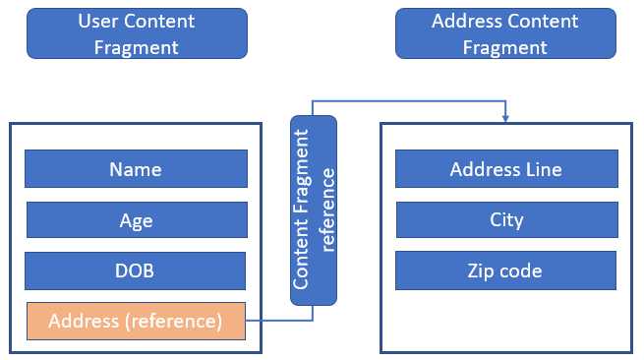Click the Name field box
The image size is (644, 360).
pyautogui.click(x=136, y=169)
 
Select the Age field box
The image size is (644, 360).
pyautogui.click(x=137, y=220)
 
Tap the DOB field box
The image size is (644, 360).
pyautogui.click(x=135, y=270)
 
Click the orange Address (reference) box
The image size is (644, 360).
pyautogui.click(x=136, y=322)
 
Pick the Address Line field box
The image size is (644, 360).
pyautogui.click(x=506, y=169)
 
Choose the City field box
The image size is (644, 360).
pyautogui.click(x=506, y=220)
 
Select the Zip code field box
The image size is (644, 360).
pyautogui.click(x=505, y=270)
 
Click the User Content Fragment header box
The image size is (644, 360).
pyautogui.click(x=138, y=33)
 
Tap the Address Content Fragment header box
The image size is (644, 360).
pyautogui.click(x=505, y=33)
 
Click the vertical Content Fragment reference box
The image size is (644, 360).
pyautogui.click(x=314, y=210)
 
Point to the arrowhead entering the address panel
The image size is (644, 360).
pyautogui.click(x=505, y=118)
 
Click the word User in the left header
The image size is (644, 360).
pyautogui.click(x=98, y=21)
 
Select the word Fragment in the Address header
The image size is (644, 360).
pyautogui.click(x=504, y=48)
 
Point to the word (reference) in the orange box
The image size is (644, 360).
pyautogui.click(x=174, y=322)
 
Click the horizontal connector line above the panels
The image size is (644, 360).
pyautogui.click(x=409, y=100)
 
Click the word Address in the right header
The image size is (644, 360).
pyautogui.click(x=464, y=21)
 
